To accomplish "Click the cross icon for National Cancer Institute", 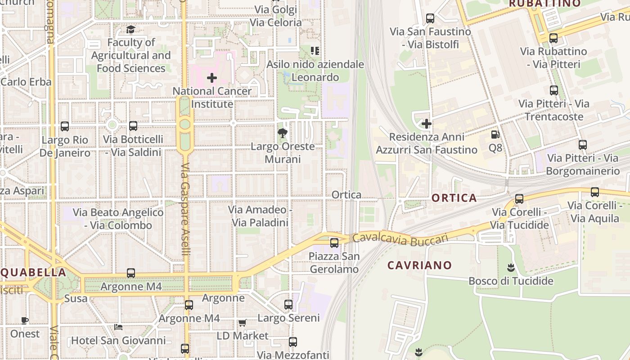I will pyautogui.click(x=211, y=78).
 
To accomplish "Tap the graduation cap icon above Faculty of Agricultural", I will pyautogui.click(x=130, y=30).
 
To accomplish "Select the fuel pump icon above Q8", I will pyautogui.click(x=495, y=134).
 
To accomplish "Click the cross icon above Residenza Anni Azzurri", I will pyautogui.click(x=427, y=123).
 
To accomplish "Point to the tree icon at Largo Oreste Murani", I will pyautogui.click(x=283, y=133).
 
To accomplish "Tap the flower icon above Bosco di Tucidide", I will pyautogui.click(x=510, y=268).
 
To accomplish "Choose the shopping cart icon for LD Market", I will pyautogui.click(x=243, y=323).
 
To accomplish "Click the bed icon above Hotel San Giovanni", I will pyautogui.click(x=118, y=327).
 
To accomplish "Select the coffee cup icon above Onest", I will pyautogui.click(x=25, y=320).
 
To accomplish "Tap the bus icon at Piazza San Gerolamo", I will pyautogui.click(x=334, y=243).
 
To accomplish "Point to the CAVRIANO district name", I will pyautogui.click(x=419, y=265).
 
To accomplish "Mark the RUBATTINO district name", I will pyautogui.click(x=544, y=4).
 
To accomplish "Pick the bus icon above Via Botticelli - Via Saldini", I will pyautogui.click(x=133, y=126).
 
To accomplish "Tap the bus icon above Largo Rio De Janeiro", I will pyautogui.click(x=65, y=126).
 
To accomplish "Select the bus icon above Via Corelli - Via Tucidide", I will pyautogui.click(x=519, y=198).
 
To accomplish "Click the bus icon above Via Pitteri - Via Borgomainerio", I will pyautogui.click(x=583, y=145).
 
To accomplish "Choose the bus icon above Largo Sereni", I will pyautogui.click(x=288, y=305).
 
